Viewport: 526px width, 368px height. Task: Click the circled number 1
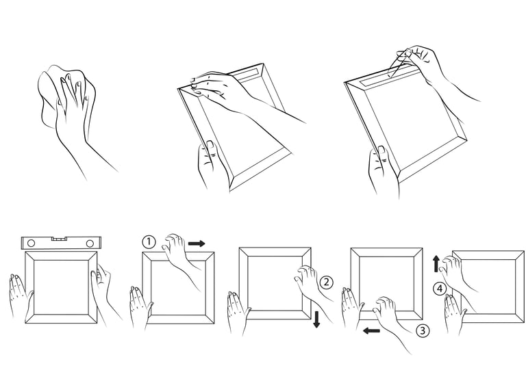[149, 242]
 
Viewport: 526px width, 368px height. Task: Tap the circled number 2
[326, 281]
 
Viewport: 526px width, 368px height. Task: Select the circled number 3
[422, 330]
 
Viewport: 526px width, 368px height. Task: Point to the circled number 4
[440, 289]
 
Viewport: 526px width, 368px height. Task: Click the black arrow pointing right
[196, 243]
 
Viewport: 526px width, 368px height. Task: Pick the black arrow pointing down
[316, 318]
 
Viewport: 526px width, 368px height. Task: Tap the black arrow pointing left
[372, 331]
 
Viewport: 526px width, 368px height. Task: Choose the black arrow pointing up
[436, 263]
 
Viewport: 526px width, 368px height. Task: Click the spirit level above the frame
[62, 243]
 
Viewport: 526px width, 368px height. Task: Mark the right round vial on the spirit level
[90, 244]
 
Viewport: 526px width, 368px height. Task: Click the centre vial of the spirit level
[61, 239]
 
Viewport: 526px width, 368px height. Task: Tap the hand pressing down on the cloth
[73, 103]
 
